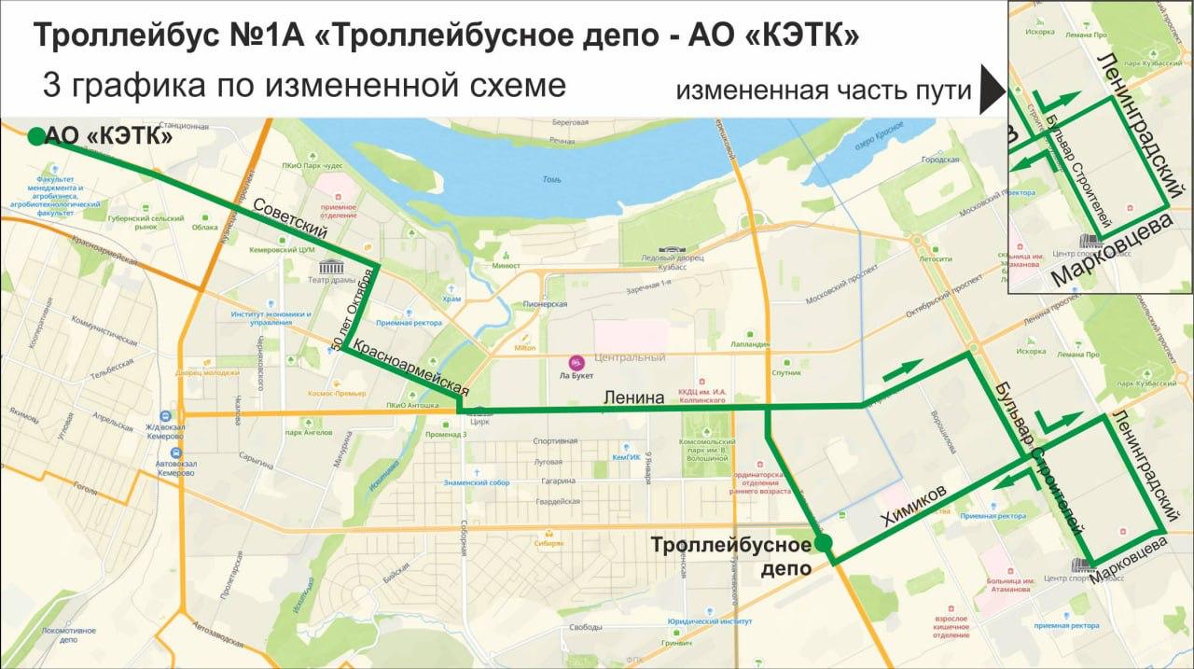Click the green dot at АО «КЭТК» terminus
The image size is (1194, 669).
click(35, 137)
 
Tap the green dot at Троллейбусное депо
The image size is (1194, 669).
click(823, 543)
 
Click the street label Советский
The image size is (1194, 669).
click(295, 217)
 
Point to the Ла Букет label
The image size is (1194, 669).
click(577, 375)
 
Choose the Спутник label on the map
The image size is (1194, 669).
click(786, 372)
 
